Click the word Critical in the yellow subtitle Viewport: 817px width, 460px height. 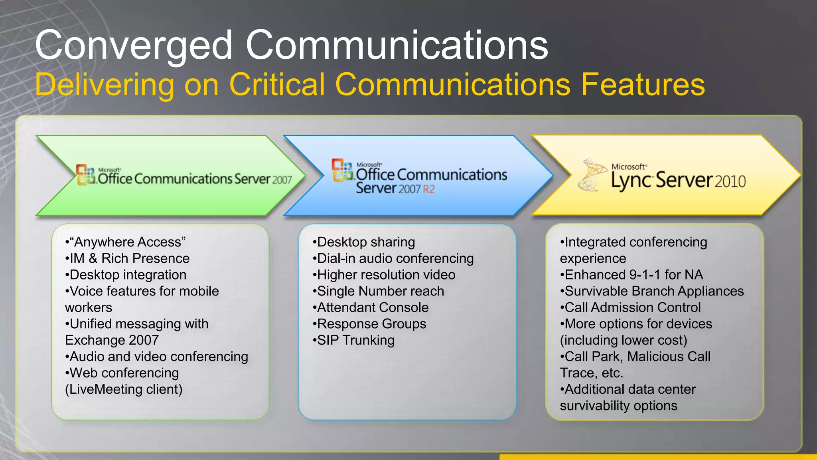tap(277, 85)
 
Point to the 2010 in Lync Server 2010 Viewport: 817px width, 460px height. tap(730, 182)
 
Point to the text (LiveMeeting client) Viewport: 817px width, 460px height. tap(124, 389)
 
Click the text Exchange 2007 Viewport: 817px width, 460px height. tap(112, 340)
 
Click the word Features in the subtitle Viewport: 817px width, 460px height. tap(643, 85)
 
